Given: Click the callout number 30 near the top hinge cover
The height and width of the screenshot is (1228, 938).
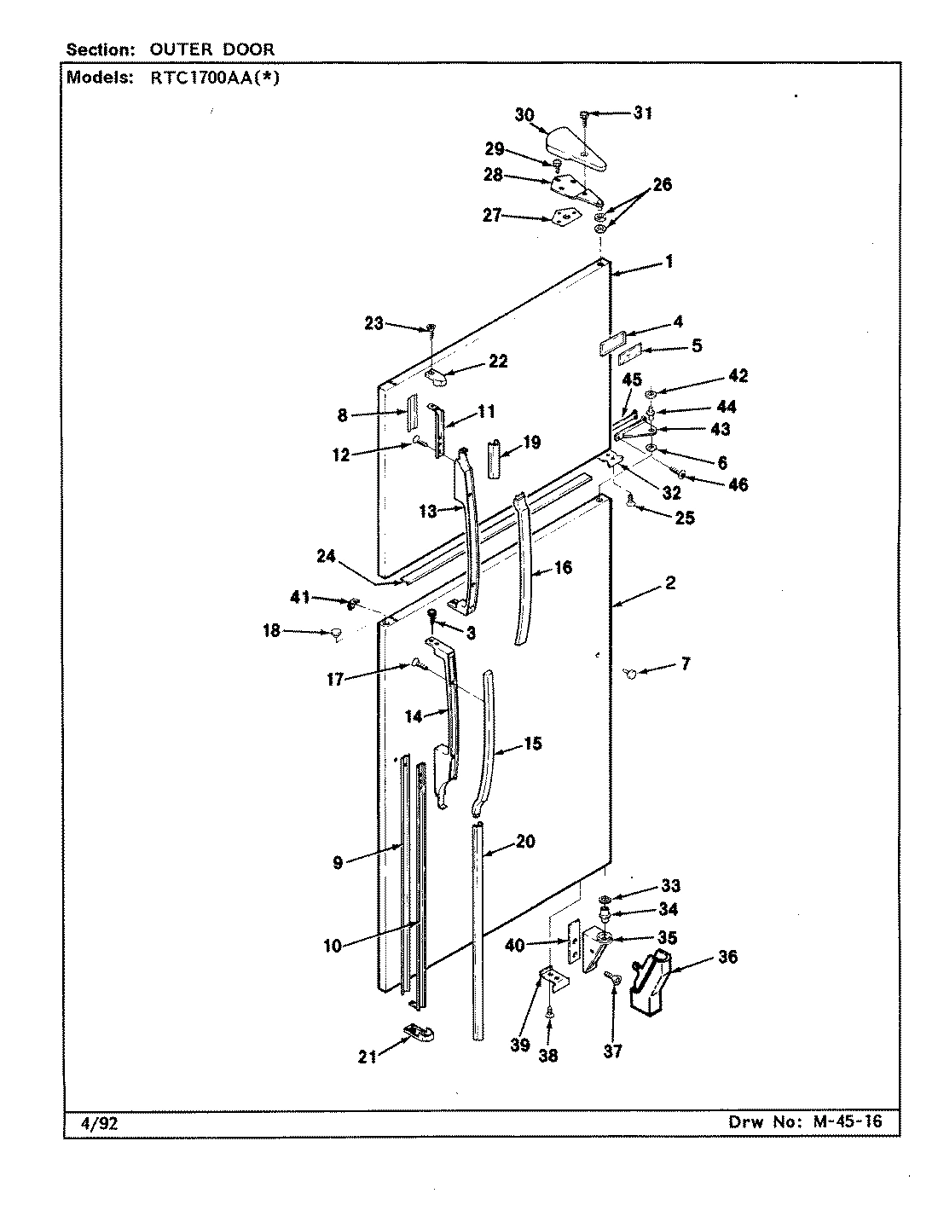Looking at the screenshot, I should pos(524,114).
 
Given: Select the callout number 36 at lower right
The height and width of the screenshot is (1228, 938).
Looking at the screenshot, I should pos(727,957).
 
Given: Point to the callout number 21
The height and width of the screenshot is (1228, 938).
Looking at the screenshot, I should pos(368,1057).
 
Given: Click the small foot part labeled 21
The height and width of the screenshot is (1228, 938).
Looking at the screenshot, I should pos(417,1034).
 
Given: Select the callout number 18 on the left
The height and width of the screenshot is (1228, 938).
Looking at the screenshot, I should pos(271,631).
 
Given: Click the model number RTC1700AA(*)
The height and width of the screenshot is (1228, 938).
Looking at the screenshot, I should pos(209,78).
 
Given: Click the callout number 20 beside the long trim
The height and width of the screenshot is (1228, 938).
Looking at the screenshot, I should pos(525,842).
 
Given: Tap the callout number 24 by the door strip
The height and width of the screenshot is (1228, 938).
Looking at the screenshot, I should pos(326,555).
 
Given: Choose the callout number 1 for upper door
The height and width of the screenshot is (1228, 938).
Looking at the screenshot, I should pos(669,262).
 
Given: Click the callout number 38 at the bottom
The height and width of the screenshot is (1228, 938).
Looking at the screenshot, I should pos(548,1056).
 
